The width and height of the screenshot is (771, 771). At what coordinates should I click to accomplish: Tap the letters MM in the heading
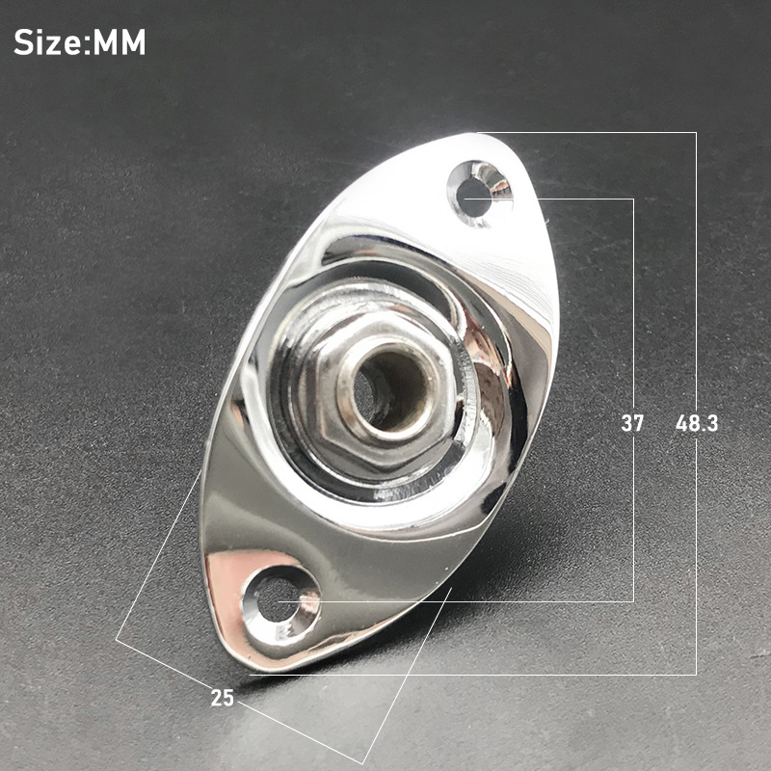tap(119, 42)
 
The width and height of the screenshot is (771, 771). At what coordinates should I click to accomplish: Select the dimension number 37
tap(632, 423)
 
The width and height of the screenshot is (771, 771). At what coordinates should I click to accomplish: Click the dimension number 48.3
tap(696, 423)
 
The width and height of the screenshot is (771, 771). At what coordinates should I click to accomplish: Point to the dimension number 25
tap(223, 697)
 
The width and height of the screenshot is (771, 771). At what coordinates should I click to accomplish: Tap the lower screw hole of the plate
tap(279, 599)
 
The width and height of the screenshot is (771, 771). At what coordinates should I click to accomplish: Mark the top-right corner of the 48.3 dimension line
tap(696, 133)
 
